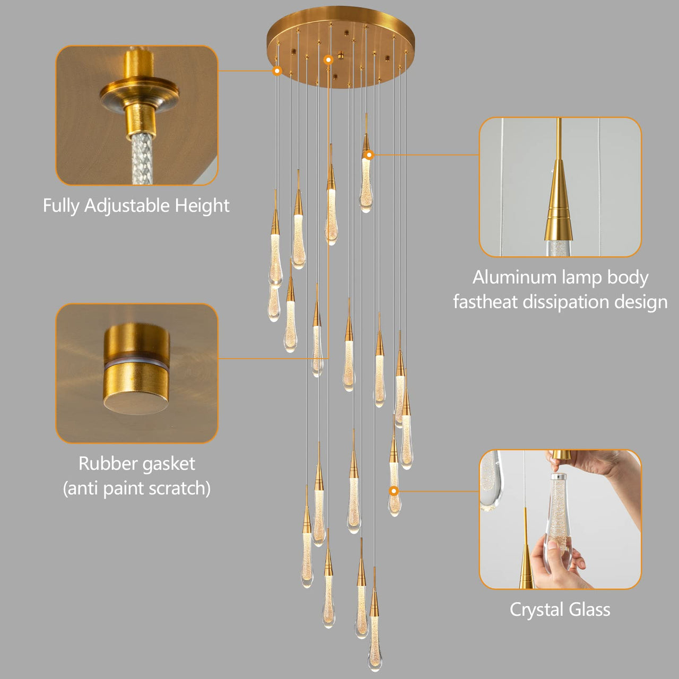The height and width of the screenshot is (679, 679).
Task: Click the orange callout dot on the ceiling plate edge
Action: (277, 71)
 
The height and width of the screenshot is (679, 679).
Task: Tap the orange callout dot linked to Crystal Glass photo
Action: (394, 491)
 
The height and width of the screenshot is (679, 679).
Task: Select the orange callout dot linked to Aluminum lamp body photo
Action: (369, 155)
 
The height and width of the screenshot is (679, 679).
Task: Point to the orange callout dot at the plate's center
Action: (328, 60)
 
